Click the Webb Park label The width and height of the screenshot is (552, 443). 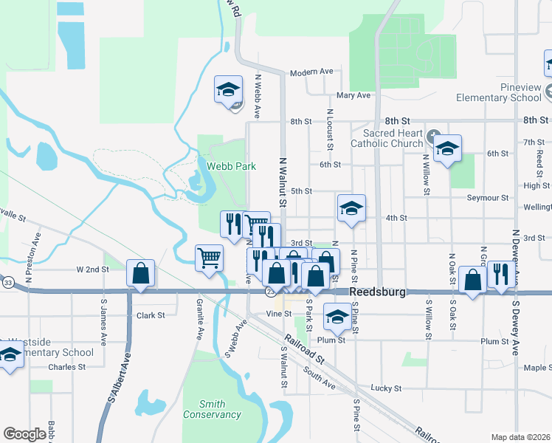[x=231, y=166]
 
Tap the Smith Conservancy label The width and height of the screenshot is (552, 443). [x=211, y=409]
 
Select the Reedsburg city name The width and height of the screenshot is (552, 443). [x=378, y=292]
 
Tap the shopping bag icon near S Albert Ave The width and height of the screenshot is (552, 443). [x=140, y=274]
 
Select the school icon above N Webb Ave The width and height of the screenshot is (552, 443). [x=229, y=90]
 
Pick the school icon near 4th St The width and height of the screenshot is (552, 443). [x=352, y=209]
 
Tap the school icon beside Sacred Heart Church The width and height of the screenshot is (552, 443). [x=446, y=149]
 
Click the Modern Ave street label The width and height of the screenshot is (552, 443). [x=311, y=72]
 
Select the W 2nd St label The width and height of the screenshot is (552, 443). [x=92, y=269]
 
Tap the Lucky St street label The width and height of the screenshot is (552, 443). [x=386, y=388]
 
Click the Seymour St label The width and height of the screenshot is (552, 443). [x=488, y=198]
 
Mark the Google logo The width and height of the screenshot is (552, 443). [x=25, y=434]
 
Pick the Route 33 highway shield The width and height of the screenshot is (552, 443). [x=7, y=282]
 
